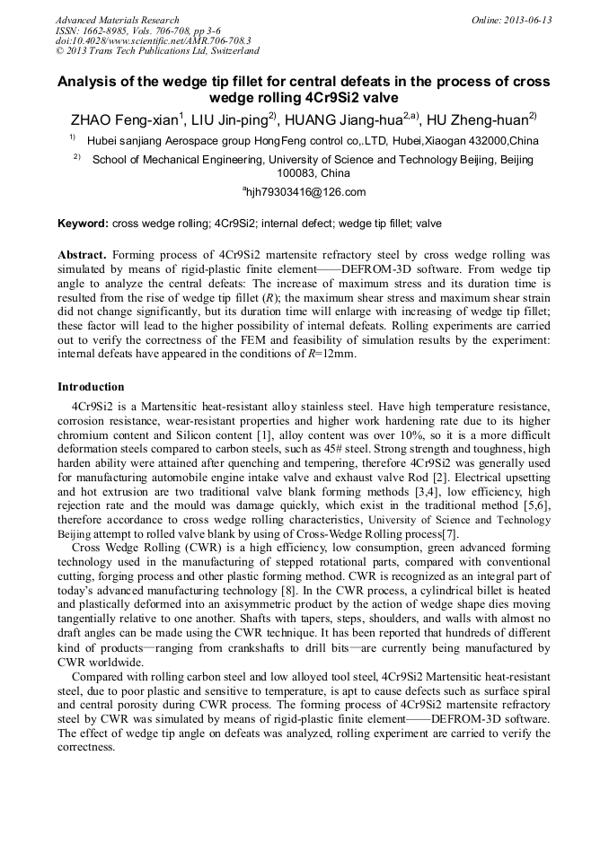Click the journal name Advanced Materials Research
click(x=117, y=20)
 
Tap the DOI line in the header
click(x=153, y=41)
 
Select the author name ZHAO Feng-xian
click(x=125, y=120)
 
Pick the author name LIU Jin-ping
click(x=236, y=120)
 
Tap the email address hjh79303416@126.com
click(x=304, y=192)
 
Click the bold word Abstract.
click(x=82, y=254)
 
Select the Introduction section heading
click(x=91, y=387)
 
